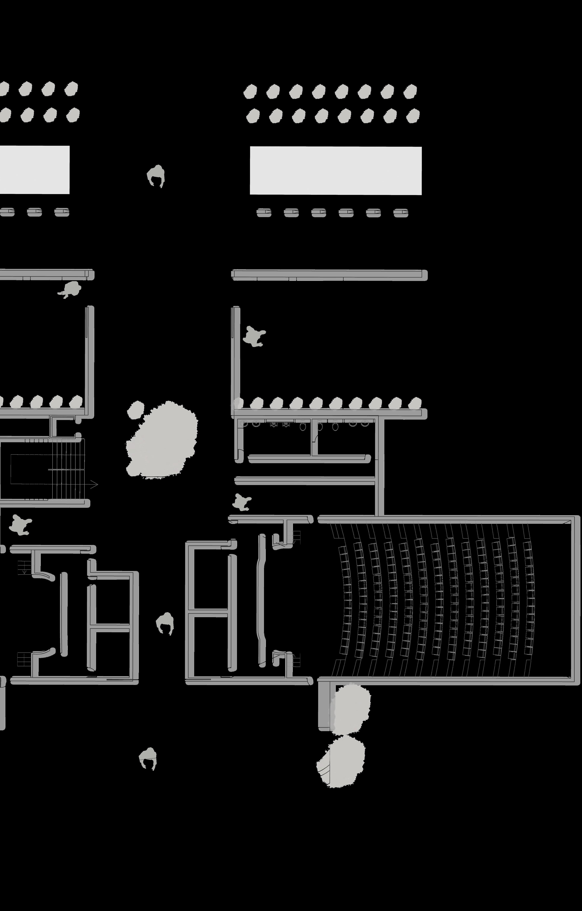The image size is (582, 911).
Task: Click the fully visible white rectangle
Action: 336,171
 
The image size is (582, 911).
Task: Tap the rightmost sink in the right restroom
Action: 365,423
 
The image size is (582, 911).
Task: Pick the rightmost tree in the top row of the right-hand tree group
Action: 410,91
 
